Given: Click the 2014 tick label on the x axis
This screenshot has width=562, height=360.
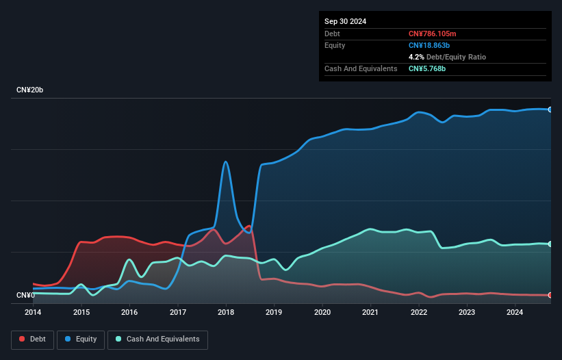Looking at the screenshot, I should pyautogui.click(x=33, y=313).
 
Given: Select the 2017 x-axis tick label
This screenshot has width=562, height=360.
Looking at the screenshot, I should pyautogui.click(x=178, y=313).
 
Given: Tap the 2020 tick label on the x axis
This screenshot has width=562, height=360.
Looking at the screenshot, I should pyautogui.click(x=322, y=313).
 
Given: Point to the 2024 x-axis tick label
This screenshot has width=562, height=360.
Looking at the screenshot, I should pyautogui.click(x=515, y=313).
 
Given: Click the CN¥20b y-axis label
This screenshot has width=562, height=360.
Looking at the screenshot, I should pyautogui.click(x=30, y=90).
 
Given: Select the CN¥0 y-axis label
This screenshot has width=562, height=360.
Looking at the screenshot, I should pyautogui.click(x=25, y=296).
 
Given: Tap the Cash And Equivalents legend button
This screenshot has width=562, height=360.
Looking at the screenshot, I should pyautogui.click(x=157, y=339).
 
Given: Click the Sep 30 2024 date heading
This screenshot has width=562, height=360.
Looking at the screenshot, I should pyautogui.click(x=346, y=21).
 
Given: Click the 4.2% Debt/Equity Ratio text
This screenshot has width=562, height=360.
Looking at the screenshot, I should pyautogui.click(x=447, y=57).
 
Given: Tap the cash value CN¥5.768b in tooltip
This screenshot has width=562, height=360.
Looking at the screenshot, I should pyautogui.click(x=427, y=68).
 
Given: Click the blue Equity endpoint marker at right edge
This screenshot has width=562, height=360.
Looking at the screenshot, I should pyautogui.click(x=550, y=110).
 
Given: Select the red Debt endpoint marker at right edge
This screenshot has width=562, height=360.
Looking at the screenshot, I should pyautogui.click(x=550, y=295).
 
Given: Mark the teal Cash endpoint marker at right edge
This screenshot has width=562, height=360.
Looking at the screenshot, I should pyautogui.click(x=550, y=244).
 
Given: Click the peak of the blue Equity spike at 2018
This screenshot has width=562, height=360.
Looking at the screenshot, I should pyautogui.click(x=225, y=162).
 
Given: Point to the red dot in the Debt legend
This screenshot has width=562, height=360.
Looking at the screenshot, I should pyautogui.click(x=23, y=339).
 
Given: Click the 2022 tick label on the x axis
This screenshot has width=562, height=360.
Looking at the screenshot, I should pyautogui.click(x=418, y=313).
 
